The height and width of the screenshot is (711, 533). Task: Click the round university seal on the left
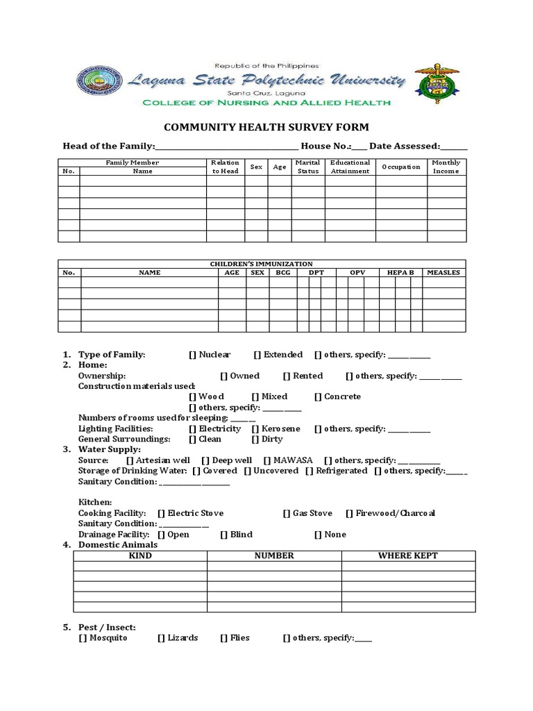point(98,83)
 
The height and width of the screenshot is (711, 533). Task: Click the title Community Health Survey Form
point(266,127)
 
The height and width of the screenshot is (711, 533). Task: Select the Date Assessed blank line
point(454,147)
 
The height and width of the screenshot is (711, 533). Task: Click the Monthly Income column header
point(446,167)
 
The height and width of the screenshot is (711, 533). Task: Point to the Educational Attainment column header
point(350,167)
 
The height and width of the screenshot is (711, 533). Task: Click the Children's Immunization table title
point(261,264)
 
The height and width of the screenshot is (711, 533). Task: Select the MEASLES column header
point(443,273)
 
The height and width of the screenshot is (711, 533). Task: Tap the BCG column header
point(282,273)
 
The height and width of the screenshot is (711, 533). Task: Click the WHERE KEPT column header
point(407,555)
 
